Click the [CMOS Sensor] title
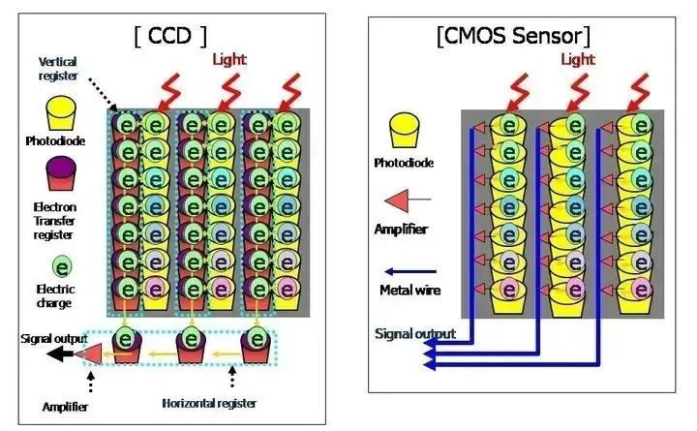point(514,36)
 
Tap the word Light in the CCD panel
point(229,60)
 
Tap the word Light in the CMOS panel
point(578,60)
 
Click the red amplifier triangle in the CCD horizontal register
point(89,354)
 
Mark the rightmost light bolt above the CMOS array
point(640,93)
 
